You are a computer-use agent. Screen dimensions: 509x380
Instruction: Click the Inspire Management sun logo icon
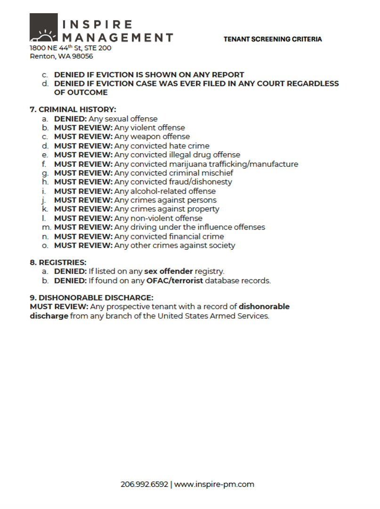[44, 28]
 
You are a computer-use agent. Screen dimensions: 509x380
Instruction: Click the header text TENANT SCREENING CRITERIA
[273, 39]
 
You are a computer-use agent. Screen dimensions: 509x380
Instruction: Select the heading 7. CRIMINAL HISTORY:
[73, 109]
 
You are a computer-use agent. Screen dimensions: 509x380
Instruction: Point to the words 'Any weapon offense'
[152, 137]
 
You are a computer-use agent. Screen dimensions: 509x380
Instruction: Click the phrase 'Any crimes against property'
[167, 209]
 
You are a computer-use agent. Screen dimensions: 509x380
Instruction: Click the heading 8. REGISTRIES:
[58, 262]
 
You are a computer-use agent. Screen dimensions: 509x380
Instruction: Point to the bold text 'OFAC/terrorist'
[176, 280]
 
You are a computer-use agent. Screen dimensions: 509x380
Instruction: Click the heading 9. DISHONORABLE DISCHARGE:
[91, 297]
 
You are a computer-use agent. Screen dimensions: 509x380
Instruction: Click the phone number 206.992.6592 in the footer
[144, 484]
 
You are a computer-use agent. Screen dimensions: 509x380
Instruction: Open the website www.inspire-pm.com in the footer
[214, 484]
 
